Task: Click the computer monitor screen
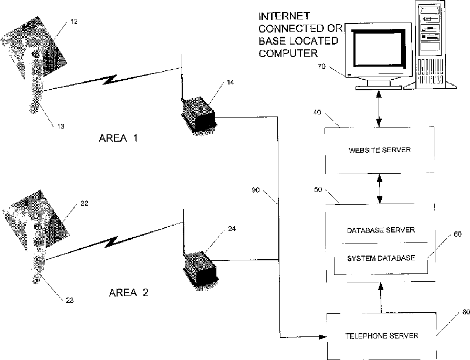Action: [379, 48]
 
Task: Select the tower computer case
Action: [431, 45]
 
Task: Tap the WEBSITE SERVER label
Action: [380, 150]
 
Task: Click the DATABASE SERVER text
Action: [381, 230]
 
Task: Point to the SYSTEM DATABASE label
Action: [381, 258]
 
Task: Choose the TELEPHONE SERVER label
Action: [382, 336]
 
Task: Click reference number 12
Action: [74, 22]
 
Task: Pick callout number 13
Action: [60, 126]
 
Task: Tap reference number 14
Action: [230, 82]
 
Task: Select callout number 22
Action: [85, 204]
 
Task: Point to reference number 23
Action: [69, 300]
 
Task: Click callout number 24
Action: [232, 229]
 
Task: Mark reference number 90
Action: [256, 190]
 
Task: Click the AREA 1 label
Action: [118, 138]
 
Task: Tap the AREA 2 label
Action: [129, 293]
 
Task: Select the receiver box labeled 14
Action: [199, 116]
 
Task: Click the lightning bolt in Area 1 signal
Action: [110, 80]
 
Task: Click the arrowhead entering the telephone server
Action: [322, 337]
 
